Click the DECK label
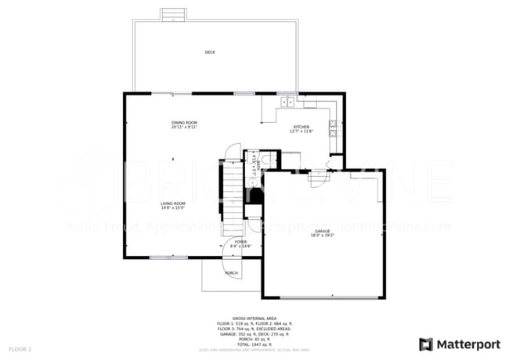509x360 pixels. [210, 52]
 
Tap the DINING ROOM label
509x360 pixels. [185, 123]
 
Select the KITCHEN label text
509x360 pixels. [301, 127]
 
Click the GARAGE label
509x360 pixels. [323, 231]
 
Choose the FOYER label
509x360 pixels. [240, 242]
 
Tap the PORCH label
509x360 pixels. [232, 273]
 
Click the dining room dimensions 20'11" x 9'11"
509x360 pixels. [185, 128]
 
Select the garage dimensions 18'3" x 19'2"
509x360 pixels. [323, 236]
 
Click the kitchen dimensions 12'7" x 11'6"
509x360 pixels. [301, 131]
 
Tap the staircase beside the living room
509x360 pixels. [232, 196]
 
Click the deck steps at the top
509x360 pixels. [172, 15]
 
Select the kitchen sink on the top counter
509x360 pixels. [287, 101]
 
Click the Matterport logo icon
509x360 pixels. [427, 344]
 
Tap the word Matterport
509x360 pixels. [467, 344]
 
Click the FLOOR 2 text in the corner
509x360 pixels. [20, 347]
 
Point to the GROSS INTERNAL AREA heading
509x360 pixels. [254, 319]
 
